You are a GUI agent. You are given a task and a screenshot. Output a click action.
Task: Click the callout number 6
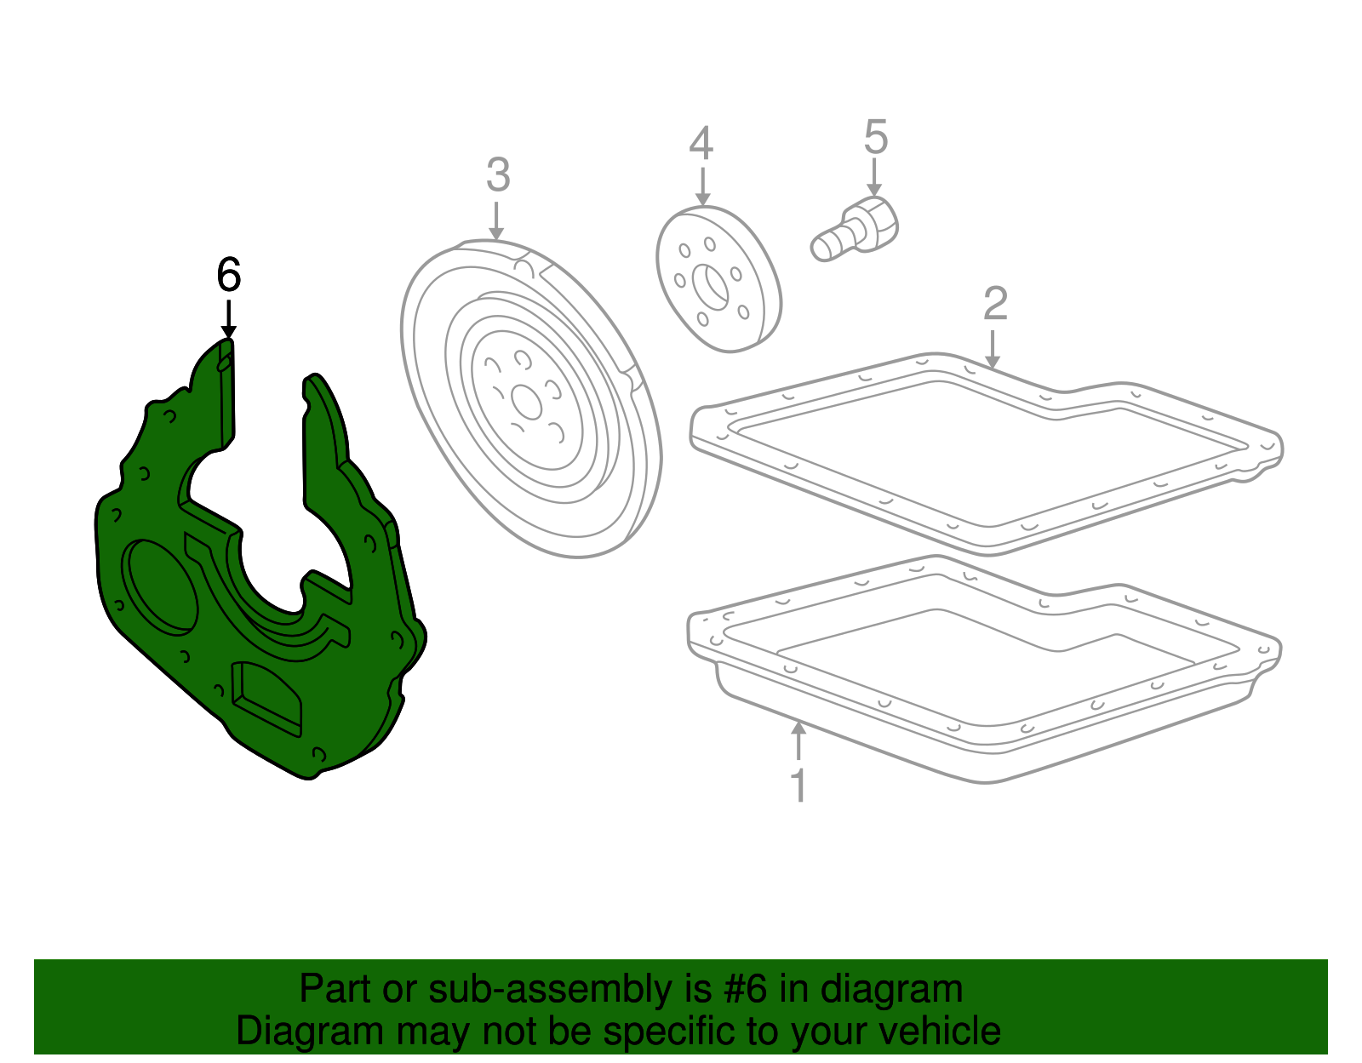(x=228, y=275)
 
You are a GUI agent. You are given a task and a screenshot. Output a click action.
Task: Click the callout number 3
(x=497, y=175)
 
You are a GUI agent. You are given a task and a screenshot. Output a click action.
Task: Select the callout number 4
(x=701, y=144)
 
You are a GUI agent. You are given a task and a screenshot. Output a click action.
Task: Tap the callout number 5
(x=875, y=137)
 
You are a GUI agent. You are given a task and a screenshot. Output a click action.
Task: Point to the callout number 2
(x=994, y=304)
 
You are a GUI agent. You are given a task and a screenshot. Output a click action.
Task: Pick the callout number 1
(x=798, y=786)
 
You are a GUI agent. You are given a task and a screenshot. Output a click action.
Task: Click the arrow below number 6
(x=228, y=319)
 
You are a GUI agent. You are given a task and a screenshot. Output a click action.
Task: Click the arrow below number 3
(x=497, y=220)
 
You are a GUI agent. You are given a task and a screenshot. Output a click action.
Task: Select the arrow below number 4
(x=701, y=187)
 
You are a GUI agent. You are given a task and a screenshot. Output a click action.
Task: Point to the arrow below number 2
(x=992, y=349)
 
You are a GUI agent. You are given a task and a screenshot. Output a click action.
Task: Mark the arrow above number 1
(x=798, y=740)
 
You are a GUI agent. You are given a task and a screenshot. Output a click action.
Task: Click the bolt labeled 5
(x=855, y=227)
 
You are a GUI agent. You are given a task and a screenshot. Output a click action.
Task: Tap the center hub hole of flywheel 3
(x=526, y=401)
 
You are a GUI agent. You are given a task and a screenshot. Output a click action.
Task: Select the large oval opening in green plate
(x=159, y=586)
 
